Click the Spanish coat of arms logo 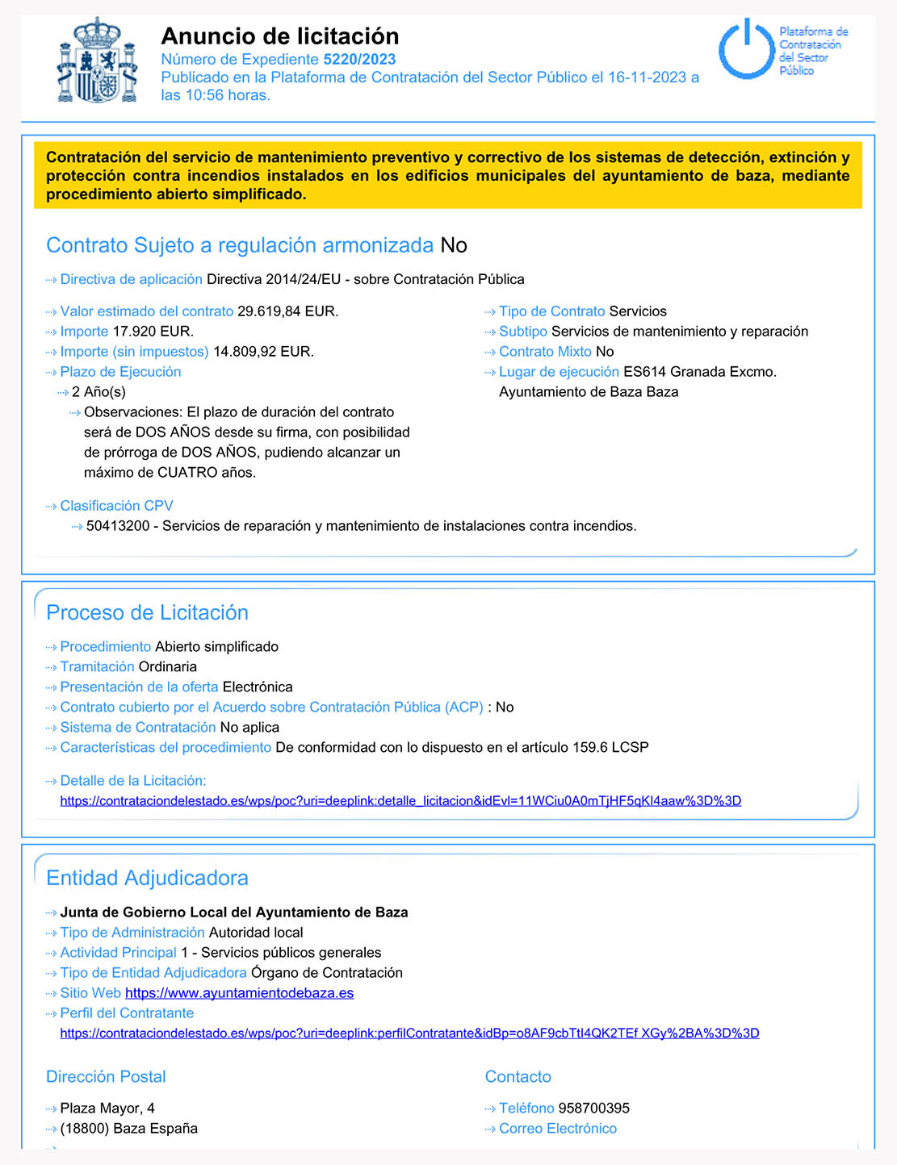pyautogui.click(x=97, y=61)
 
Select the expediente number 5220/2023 pyautogui.click(x=359, y=59)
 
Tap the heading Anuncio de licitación pyautogui.click(x=279, y=36)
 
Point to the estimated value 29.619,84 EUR pyautogui.click(x=287, y=311)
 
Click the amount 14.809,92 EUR pyautogui.click(x=263, y=352)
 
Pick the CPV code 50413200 pyautogui.click(x=118, y=526)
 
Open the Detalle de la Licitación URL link pyautogui.click(x=400, y=801)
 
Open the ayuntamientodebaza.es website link pyautogui.click(x=239, y=993)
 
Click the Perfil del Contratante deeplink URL pyautogui.click(x=409, y=1033)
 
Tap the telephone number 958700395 pyautogui.click(x=593, y=1109)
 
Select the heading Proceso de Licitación pyautogui.click(x=147, y=613)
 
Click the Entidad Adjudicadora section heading pyautogui.click(x=147, y=879)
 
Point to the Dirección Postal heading pyautogui.click(x=106, y=1077)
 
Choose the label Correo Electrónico pyautogui.click(x=557, y=1129)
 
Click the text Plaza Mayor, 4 pyautogui.click(x=107, y=1109)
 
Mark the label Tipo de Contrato pyautogui.click(x=551, y=311)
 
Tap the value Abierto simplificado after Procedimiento pyautogui.click(x=216, y=647)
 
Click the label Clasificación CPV pyautogui.click(x=116, y=506)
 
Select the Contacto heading pyautogui.click(x=518, y=1077)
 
